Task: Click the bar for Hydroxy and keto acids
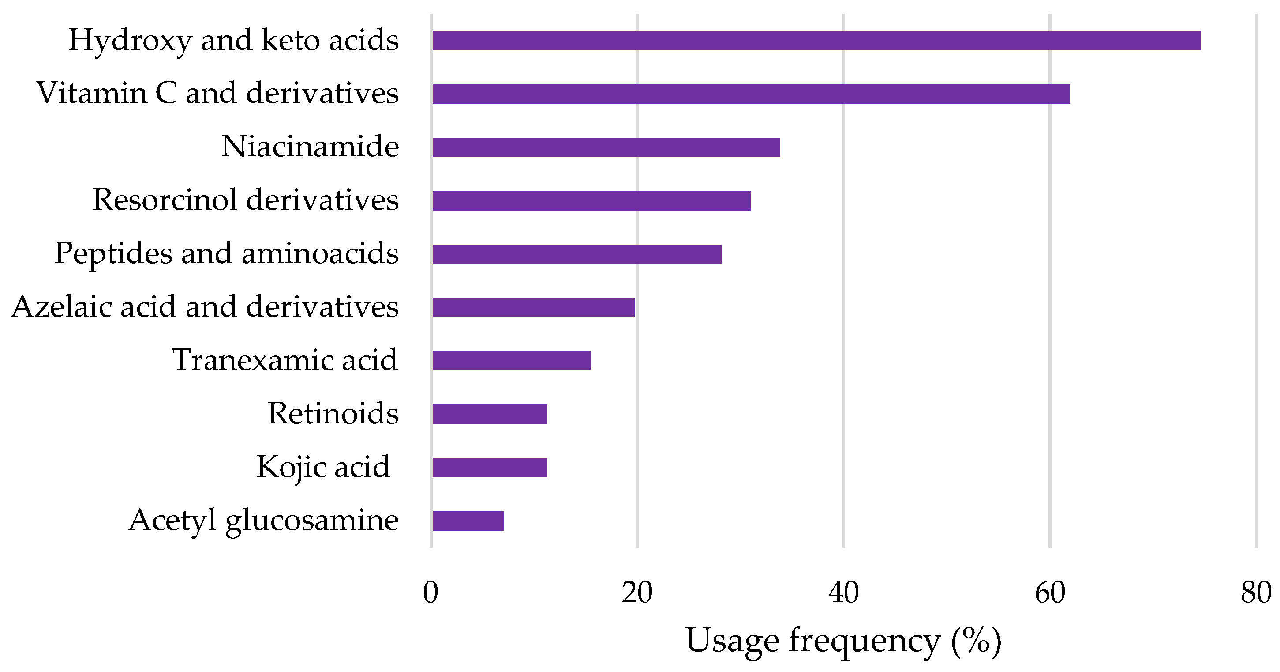(x=816, y=41)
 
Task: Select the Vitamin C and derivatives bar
(x=751, y=94)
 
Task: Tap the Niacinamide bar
(x=606, y=147)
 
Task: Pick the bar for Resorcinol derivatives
(x=591, y=201)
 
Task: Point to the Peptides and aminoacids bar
(x=577, y=254)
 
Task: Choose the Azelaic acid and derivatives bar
(x=533, y=307)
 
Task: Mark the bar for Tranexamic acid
(x=511, y=361)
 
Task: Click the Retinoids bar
(x=490, y=414)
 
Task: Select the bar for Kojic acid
(x=490, y=468)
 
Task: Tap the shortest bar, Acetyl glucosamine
(x=468, y=521)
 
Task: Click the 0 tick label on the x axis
(x=431, y=593)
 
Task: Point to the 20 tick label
(x=637, y=593)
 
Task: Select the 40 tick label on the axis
(x=844, y=593)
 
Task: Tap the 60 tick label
(x=1050, y=593)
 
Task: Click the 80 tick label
(x=1256, y=593)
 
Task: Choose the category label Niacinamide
(x=310, y=147)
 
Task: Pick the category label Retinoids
(x=333, y=413)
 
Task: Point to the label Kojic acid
(x=323, y=467)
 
